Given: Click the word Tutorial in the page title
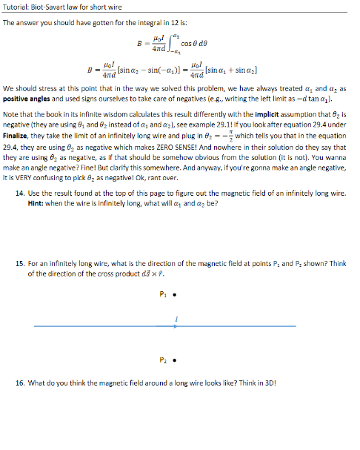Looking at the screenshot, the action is click(16, 7).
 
